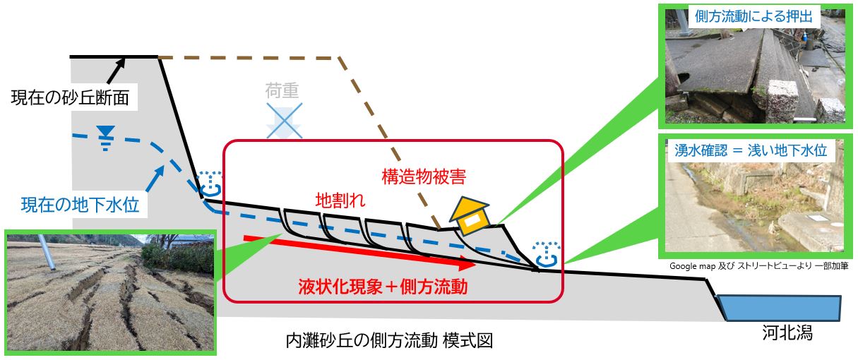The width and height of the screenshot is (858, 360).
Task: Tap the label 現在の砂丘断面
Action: pos(70,98)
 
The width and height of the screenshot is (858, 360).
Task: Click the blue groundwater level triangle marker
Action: pos(106,133)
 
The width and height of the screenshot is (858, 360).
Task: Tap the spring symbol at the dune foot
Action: pos(209,184)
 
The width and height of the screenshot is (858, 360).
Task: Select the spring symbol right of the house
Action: pos(545,256)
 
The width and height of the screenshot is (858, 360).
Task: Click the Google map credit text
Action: pos(758,266)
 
